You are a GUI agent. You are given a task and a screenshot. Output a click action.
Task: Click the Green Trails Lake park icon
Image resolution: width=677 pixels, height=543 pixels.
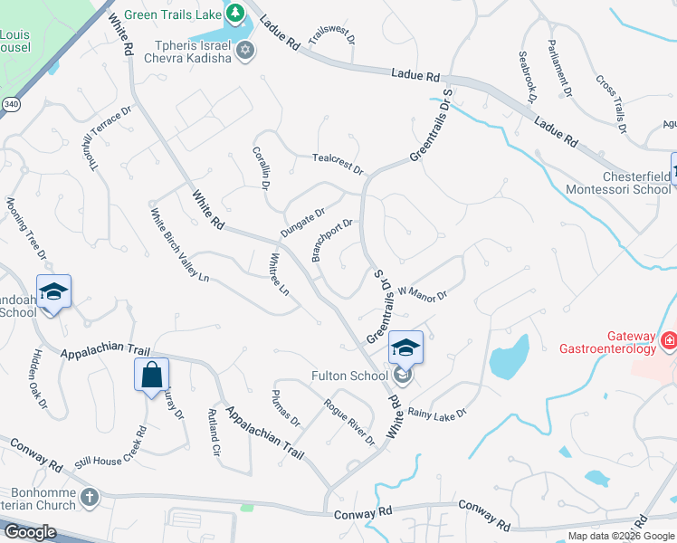pos(235,14)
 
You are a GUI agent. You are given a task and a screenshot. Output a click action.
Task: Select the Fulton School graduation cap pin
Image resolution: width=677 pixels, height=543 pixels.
pos(406,349)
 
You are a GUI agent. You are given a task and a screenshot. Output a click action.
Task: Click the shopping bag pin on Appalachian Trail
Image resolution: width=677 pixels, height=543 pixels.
pos(151,375)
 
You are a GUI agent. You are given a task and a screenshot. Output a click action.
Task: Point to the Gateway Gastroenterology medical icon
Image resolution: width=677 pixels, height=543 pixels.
pos(669,340)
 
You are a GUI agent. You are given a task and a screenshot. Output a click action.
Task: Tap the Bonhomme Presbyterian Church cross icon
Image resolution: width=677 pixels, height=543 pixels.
pos(89,497)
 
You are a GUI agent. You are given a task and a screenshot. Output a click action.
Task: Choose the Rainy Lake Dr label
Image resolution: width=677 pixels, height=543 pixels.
pos(436,412)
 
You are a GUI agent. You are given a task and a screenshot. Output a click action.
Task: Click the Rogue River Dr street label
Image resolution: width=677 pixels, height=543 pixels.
pos(349,422)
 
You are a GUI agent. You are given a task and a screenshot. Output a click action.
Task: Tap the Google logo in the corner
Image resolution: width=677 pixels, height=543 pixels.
pos(29,532)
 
